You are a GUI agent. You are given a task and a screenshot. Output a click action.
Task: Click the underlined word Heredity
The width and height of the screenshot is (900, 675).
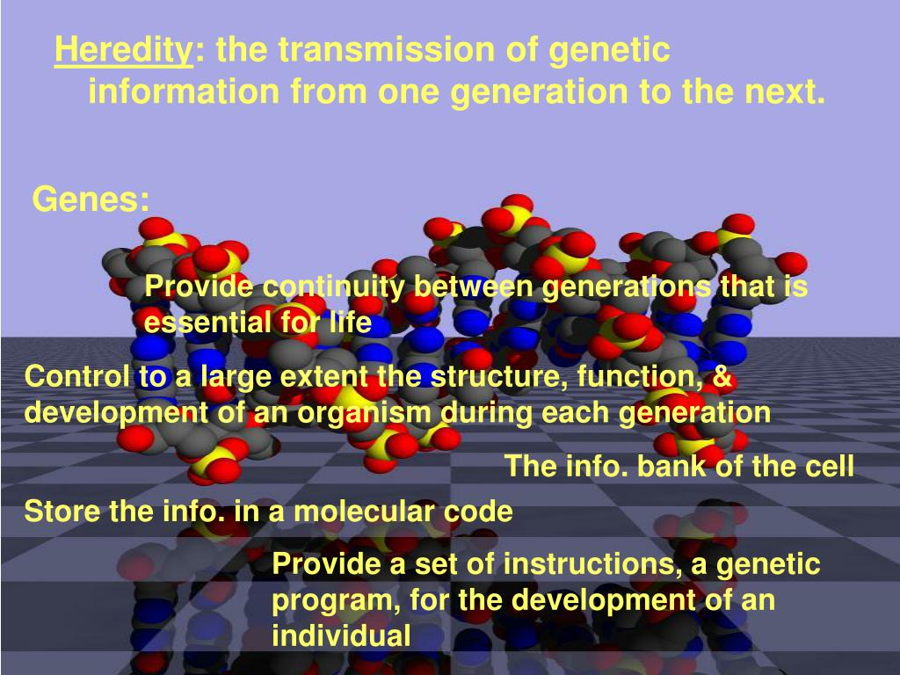pos(124,50)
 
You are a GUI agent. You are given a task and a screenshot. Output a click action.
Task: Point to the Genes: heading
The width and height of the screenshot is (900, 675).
pos(91,200)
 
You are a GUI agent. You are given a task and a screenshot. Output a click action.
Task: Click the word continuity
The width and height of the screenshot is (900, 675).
pos(334,287)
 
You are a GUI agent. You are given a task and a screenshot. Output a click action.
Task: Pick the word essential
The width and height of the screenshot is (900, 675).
pos(207,322)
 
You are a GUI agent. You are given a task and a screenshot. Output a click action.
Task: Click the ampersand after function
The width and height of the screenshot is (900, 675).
pos(722,376)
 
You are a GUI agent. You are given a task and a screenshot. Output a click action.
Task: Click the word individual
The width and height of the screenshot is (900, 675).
pos(341,635)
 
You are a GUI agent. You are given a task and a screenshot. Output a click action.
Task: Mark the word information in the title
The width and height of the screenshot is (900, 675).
pos(184,91)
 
